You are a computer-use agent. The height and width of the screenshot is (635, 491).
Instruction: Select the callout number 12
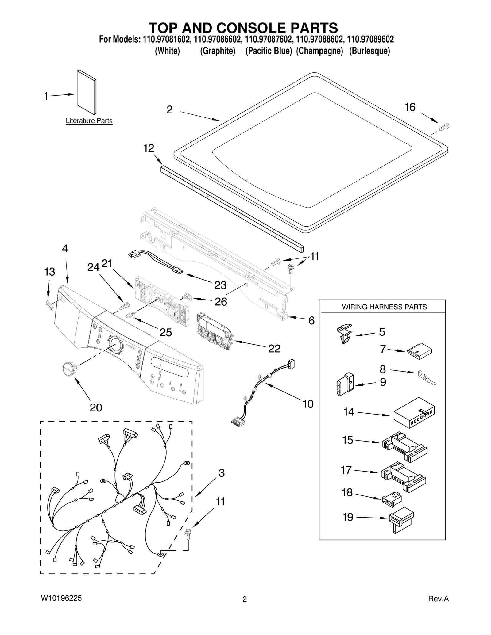[149, 148]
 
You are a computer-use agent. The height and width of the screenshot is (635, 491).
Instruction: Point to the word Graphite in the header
[218, 51]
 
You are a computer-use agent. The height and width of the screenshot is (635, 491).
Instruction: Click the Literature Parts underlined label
[89, 121]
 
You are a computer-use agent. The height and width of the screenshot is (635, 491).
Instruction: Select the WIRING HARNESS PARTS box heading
[384, 307]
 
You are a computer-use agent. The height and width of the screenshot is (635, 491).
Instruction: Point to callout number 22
[274, 349]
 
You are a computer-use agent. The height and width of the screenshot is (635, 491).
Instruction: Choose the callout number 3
[222, 473]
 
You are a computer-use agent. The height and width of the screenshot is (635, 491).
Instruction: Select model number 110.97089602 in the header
[370, 40]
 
